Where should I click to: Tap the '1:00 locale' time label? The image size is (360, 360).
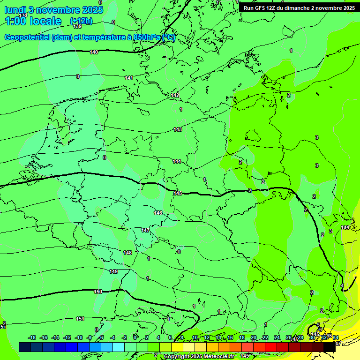click(33, 21)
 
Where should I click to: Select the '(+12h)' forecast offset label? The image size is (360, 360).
click(81, 21)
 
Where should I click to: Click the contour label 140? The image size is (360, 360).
click(94, 52)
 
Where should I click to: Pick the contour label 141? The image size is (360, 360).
click(129, 78)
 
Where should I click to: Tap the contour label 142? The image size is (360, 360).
click(175, 95)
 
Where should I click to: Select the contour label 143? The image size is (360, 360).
click(178, 129)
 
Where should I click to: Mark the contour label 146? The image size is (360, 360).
click(158, 213)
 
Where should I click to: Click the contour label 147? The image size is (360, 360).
click(145, 230)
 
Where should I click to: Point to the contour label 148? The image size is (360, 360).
click(127, 253)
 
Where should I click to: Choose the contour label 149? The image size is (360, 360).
click(113, 271)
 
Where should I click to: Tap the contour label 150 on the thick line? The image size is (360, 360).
click(98, 292)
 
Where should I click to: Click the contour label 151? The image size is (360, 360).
click(80, 319)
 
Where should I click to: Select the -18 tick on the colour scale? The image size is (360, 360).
click(32, 337)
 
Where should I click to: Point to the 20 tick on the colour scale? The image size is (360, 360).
click(253, 337)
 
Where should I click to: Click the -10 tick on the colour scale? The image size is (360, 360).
click(79, 337)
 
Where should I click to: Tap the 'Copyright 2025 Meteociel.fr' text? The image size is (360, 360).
click(198, 356)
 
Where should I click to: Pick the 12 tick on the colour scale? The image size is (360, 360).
click(207, 337)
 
